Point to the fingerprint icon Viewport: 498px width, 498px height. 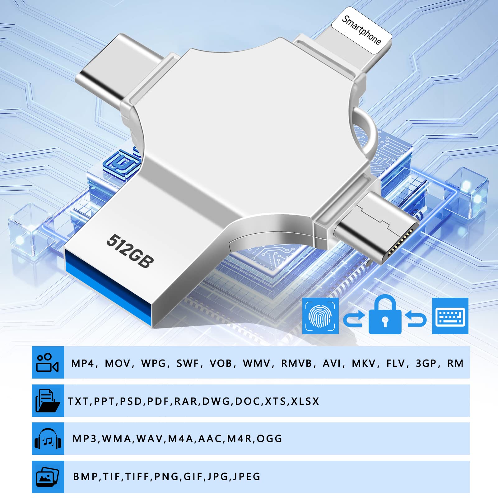(x=320, y=316)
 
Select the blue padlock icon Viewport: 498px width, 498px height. (x=385, y=316)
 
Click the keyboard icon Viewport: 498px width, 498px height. (x=450, y=316)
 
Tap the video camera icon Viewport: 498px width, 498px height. (x=48, y=362)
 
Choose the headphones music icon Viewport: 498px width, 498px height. (x=48, y=439)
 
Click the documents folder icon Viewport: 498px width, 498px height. (x=48, y=401)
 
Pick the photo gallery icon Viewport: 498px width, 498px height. (x=48, y=477)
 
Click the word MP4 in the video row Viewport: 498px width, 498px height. (x=83, y=363)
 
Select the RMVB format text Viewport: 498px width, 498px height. (x=296, y=363)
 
